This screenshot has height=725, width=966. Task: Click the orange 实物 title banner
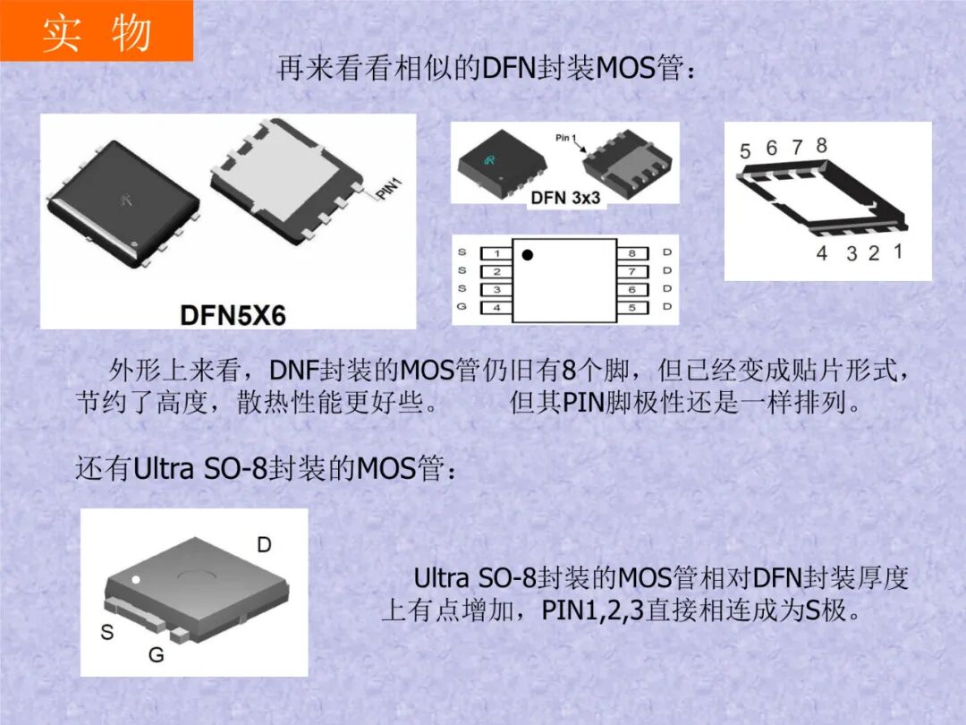pos(96,31)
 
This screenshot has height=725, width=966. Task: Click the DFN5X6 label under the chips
pos(233,314)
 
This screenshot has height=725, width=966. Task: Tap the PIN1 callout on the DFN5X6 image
pos(389,189)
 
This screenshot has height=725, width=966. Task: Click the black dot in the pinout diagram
pos(527,255)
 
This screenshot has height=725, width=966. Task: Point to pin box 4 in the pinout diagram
pos(496,308)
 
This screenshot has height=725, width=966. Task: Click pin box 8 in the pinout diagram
pos(631,253)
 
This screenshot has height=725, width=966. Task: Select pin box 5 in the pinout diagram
pos(631,308)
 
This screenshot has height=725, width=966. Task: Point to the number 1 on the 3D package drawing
pos(897,252)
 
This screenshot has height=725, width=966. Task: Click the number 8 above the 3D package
pos(821,145)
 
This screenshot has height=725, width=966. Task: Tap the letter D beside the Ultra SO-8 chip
pos(264,544)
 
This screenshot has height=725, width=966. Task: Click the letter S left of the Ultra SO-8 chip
pos(106,632)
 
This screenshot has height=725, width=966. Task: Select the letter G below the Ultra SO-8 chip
pos(156,655)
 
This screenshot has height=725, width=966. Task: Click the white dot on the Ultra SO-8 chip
pos(136,580)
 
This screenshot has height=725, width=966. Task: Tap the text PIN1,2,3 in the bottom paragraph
pos(593,611)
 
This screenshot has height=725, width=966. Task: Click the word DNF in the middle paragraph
pos(288,370)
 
